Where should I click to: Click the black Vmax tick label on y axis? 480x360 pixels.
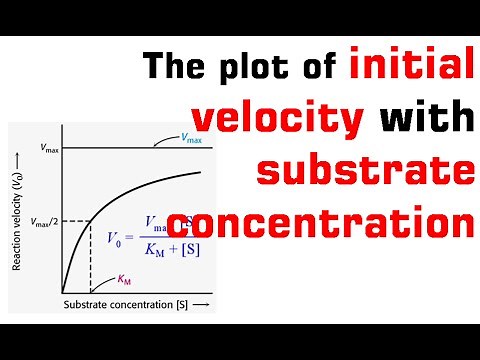click(46, 148)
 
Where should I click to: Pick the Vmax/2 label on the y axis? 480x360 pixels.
click(43, 221)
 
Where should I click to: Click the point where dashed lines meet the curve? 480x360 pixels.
click(91, 221)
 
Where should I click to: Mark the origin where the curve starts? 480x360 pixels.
click(62, 291)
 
